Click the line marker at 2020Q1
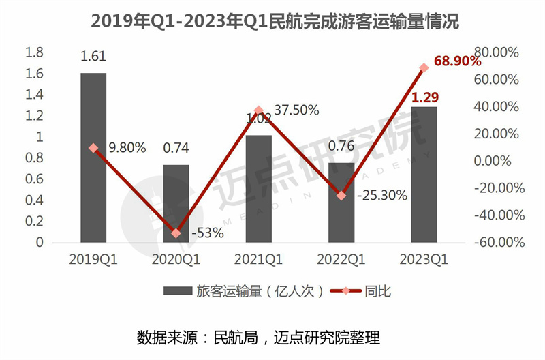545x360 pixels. click(176, 233)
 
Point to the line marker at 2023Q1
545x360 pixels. click(424, 67)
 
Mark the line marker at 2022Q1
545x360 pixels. click(341, 196)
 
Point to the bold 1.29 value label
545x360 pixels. click(423, 97)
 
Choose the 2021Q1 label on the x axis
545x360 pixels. click(258, 260)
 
